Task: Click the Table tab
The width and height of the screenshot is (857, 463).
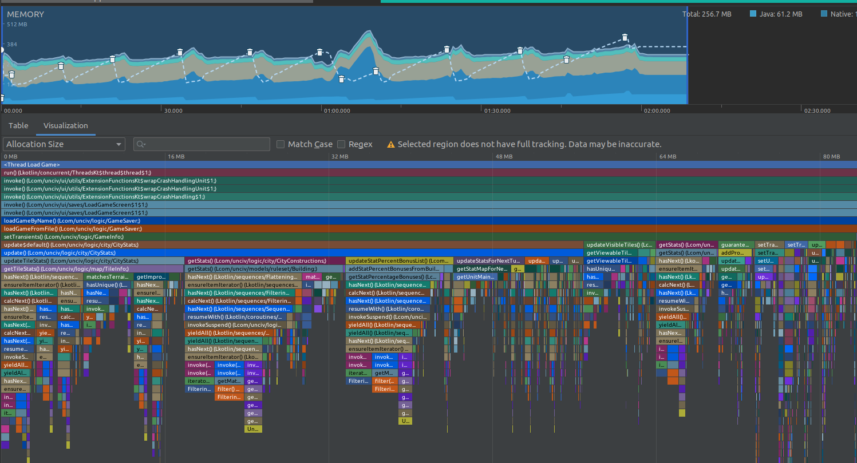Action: tap(18, 125)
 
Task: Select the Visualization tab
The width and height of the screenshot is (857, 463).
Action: tap(66, 125)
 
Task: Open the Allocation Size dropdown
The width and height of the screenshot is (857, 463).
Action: tap(64, 144)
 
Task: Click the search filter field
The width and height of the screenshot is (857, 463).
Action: tap(202, 144)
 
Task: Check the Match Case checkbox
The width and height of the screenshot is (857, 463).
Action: tap(281, 144)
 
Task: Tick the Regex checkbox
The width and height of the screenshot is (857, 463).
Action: tap(341, 144)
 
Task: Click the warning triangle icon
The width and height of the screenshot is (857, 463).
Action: tap(391, 145)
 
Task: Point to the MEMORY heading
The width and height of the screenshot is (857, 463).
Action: tap(25, 14)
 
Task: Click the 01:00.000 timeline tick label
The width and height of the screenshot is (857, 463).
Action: tap(337, 110)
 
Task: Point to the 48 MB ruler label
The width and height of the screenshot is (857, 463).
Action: tap(504, 156)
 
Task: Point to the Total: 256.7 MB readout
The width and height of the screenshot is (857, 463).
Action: tap(706, 14)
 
